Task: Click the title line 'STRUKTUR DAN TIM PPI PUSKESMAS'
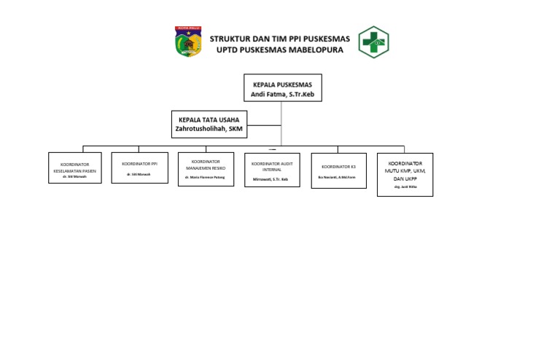[279, 38]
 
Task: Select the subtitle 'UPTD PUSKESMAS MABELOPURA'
[279, 50]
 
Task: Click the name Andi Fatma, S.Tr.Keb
[282, 93]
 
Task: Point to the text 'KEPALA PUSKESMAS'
[282, 84]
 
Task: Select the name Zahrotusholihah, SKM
[209, 128]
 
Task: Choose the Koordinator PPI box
[140, 168]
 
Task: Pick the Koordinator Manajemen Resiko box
[206, 169]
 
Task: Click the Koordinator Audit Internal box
[271, 170]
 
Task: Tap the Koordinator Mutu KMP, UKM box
[405, 174]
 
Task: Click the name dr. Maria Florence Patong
[206, 177]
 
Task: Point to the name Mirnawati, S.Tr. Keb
[271, 178]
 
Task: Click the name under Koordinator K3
[337, 177]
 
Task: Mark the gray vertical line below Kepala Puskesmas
[282, 124]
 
